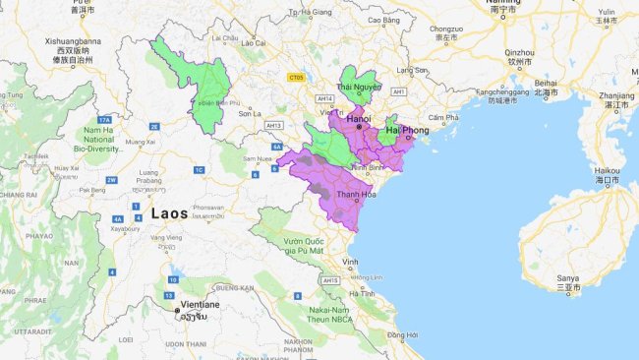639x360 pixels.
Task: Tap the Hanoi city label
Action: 358,118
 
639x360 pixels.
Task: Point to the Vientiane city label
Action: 198,305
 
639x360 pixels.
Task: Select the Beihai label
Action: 548,84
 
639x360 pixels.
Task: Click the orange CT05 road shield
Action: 295,78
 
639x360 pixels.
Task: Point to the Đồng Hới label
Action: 402,336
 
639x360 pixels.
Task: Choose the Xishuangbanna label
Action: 68,42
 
